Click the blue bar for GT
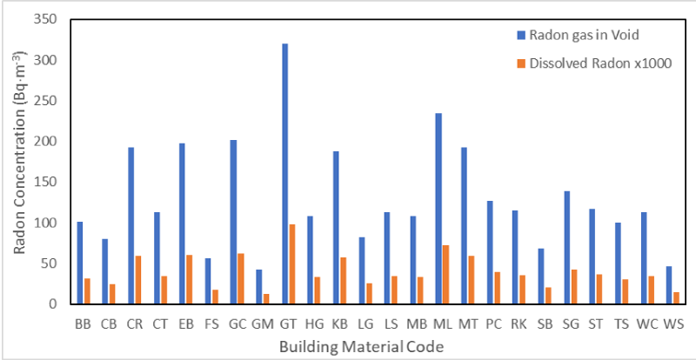click(284, 174)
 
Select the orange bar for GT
click(293, 264)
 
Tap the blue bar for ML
click(438, 209)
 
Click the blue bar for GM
click(258, 287)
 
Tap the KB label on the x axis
click(340, 323)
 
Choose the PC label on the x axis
click(493, 323)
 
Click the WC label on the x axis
click(646, 323)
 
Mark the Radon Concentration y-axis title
click(19, 163)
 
